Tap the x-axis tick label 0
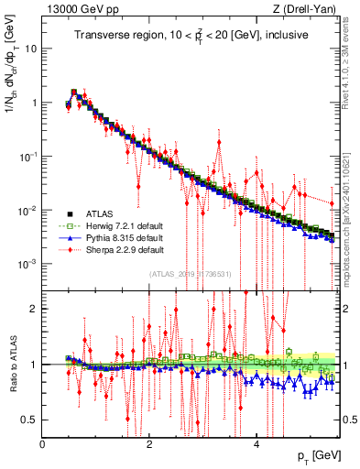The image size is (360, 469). pos(43,443)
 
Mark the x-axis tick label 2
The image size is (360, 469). pos(150,443)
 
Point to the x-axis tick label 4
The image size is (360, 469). pos(257,443)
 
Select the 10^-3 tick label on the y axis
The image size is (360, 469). pos(27,264)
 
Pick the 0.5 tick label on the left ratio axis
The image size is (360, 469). pos(28,420)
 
